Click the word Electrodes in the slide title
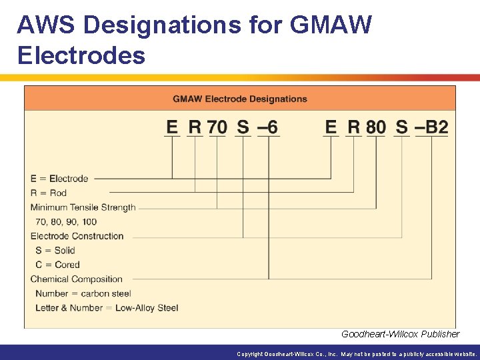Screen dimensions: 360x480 pyautogui.click(x=81, y=55)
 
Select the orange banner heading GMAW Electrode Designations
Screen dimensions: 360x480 pyautogui.click(x=240, y=99)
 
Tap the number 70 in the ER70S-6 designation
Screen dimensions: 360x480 pyautogui.click(x=217, y=127)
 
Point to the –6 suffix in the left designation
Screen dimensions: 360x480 pyautogui.click(x=267, y=127)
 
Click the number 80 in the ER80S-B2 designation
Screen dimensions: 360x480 pyautogui.click(x=376, y=127)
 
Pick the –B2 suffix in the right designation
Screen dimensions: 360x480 pyautogui.click(x=432, y=127)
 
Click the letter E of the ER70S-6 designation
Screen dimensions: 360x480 pyautogui.click(x=172, y=127)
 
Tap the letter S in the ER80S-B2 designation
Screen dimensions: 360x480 pyautogui.click(x=402, y=127)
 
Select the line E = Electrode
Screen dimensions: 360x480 pyautogui.click(x=59, y=179)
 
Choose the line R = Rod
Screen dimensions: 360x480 pyautogui.click(x=49, y=193)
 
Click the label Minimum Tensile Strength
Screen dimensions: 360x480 pyautogui.click(x=83, y=207)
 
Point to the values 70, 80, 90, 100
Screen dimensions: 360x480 pyautogui.click(x=66, y=221)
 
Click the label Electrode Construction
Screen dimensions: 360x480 pyautogui.click(x=77, y=236)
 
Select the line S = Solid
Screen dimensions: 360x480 pyautogui.click(x=55, y=251)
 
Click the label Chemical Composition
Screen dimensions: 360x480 pyautogui.click(x=77, y=279)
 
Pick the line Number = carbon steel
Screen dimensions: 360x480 pyautogui.click(x=83, y=293)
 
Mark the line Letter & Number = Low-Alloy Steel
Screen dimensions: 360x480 pyautogui.click(x=107, y=308)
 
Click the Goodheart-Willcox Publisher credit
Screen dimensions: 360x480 pyautogui.click(x=400, y=334)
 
